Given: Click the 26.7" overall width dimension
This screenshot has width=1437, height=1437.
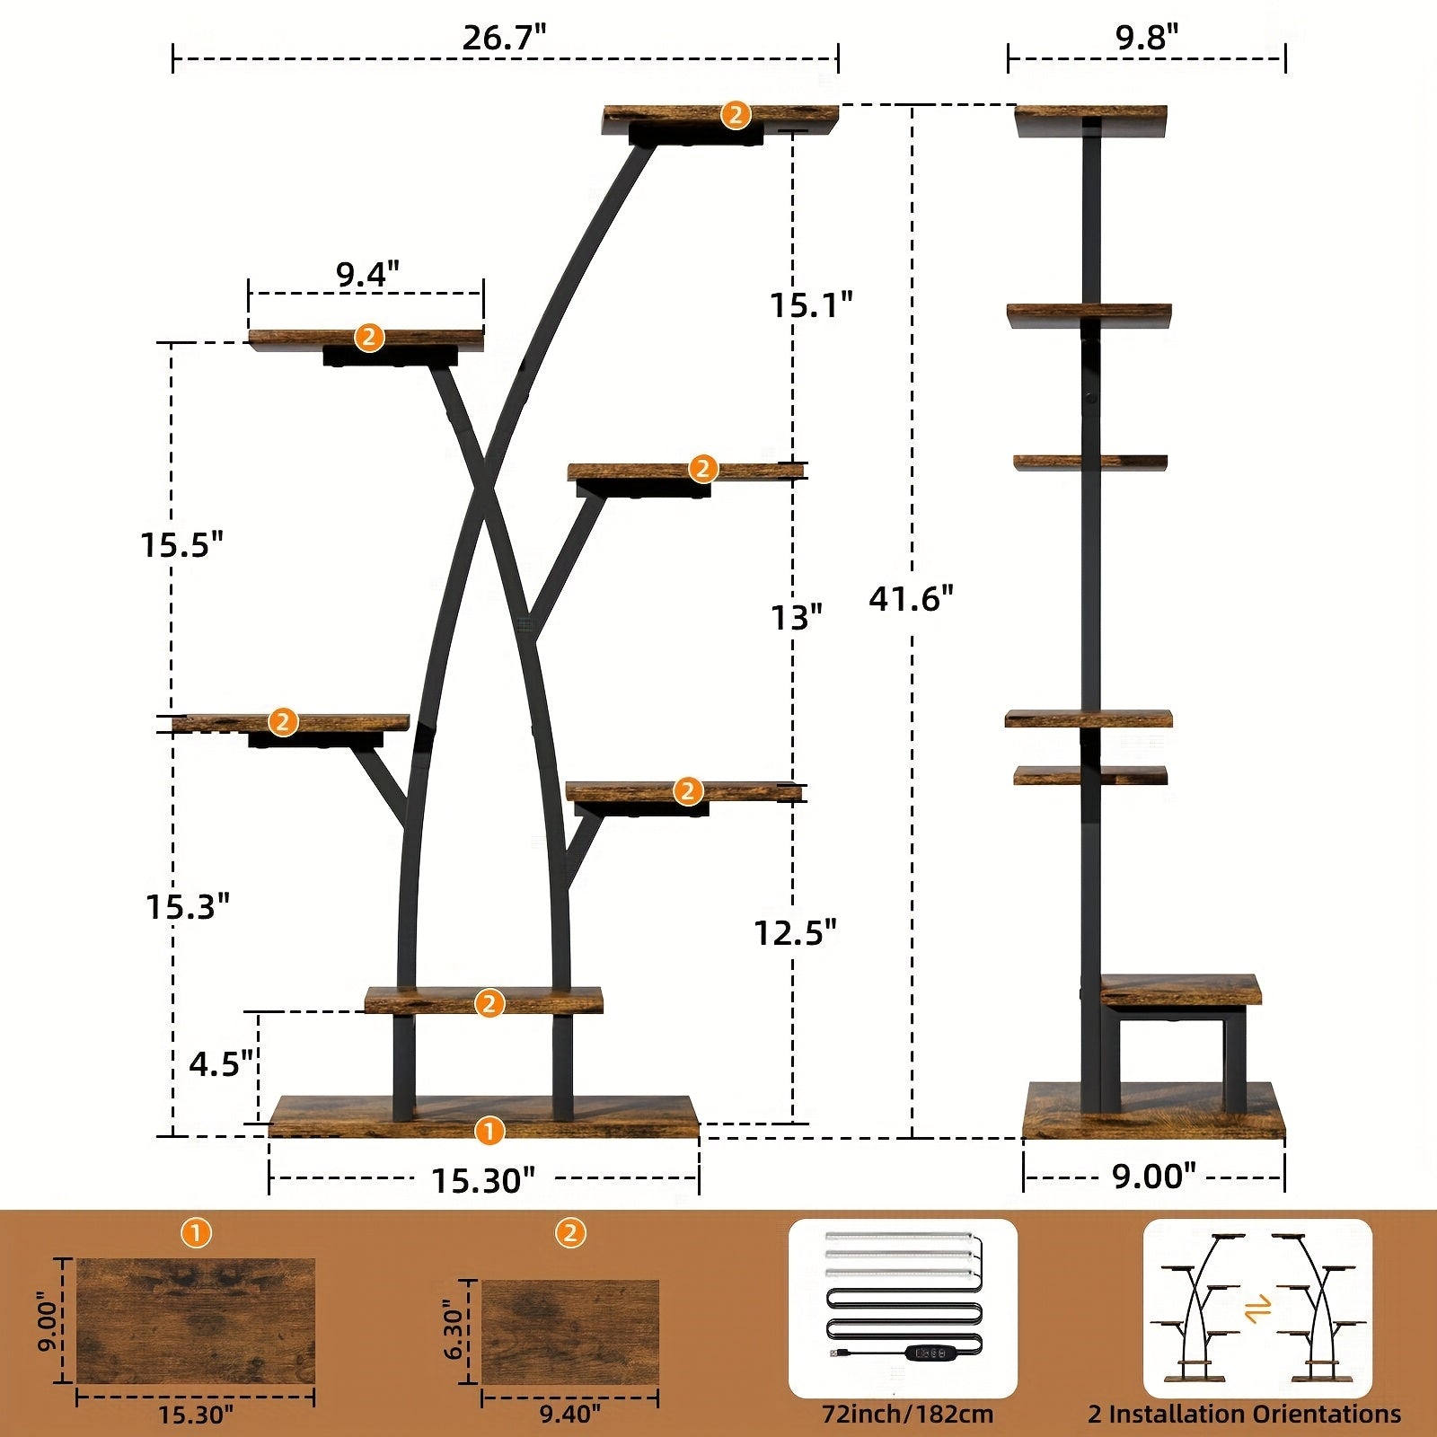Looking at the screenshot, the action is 505,38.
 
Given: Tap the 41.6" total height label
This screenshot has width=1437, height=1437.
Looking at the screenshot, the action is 911,598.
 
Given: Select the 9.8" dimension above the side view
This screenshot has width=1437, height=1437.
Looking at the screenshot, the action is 1147,37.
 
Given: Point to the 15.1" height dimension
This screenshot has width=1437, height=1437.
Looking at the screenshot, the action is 811,305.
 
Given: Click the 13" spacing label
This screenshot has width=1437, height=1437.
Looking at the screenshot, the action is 797,617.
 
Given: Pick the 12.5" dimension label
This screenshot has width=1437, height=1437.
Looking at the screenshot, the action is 796,933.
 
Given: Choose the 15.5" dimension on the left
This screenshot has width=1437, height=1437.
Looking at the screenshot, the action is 181,544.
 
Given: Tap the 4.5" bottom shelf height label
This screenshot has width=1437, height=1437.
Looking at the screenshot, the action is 222,1063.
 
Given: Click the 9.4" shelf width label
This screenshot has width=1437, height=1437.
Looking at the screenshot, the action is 367,274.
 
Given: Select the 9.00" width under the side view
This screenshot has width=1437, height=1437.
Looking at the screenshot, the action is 1154,1176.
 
